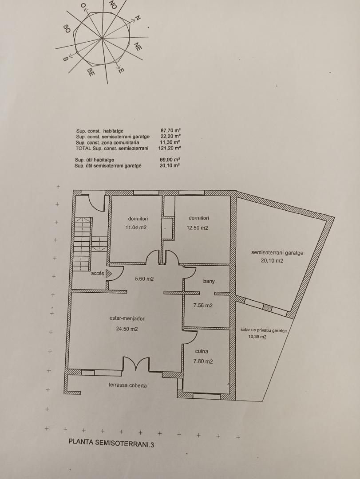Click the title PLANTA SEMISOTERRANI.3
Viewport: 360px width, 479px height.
click(111, 443)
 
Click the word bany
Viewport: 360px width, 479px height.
click(209, 281)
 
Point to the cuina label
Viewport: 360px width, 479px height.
click(202, 351)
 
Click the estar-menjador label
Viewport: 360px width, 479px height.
click(127, 318)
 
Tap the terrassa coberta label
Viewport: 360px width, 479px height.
click(127, 385)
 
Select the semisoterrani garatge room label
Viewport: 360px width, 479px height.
click(277, 253)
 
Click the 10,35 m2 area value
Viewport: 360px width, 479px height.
click(257, 337)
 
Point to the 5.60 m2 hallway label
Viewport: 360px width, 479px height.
click(144, 279)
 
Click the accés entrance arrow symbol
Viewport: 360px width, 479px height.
click(109, 274)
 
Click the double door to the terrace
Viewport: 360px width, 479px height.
click(136, 365)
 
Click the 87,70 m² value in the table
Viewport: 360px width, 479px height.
click(170, 130)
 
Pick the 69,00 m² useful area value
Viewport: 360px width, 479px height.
click(170, 160)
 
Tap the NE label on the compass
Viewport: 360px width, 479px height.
click(138, 47)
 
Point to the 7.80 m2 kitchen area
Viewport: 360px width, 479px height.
click(203, 361)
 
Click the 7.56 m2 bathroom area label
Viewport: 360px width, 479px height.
click(203, 305)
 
